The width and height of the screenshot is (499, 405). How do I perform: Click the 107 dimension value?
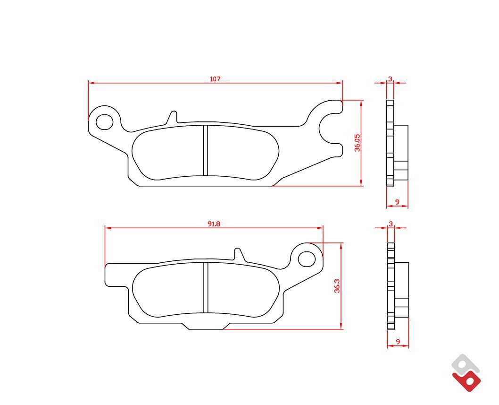tap(215, 79)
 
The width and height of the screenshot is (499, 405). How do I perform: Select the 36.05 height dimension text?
tap(358, 143)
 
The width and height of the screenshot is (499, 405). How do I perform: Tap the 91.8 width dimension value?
tap(214, 224)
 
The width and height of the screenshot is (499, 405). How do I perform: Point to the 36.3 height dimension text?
tap(337, 286)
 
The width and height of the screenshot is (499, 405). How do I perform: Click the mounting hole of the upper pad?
tap(104, 122)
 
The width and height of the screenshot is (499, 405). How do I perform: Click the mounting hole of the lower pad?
tap(307, 259)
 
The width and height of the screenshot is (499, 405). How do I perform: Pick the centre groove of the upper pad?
tap(205, 150)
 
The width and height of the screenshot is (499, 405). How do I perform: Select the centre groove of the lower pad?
tap(205, 287)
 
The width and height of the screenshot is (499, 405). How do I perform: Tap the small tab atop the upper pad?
tap(172, 117)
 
